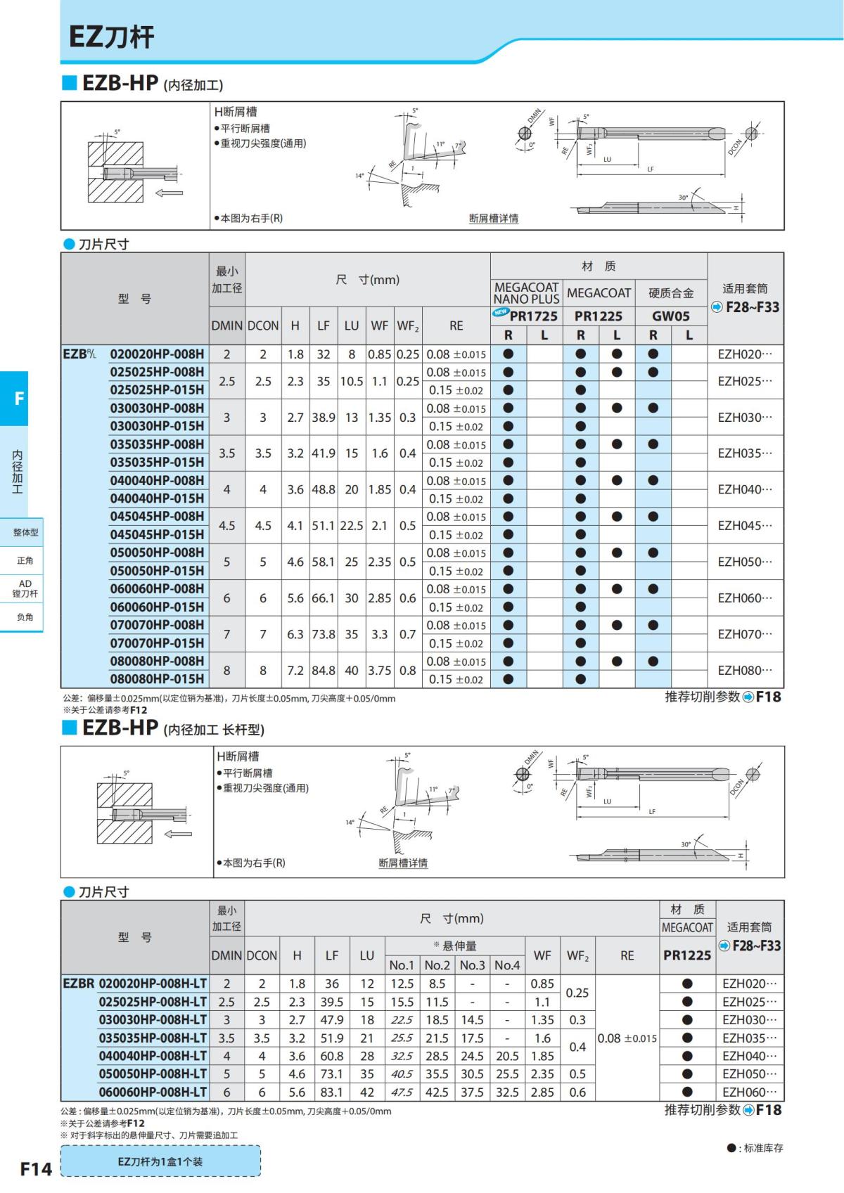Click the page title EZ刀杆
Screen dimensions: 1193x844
tap(111, 37)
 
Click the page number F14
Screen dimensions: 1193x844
tap(35, 1168)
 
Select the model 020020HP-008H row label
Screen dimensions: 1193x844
tap(157, 354)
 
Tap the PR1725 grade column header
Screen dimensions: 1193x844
tap(532, 316)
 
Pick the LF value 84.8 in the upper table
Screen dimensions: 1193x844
tap(323, 671)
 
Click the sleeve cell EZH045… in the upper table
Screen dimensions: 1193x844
tap(744, 526)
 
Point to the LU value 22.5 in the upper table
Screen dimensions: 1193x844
tap(351, 526)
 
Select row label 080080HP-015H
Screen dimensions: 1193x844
tap(157, 679)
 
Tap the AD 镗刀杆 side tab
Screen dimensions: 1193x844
tap(25, 588)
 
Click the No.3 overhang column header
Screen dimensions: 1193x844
tap(472, 965)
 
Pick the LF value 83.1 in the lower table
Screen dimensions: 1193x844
tap(331, 1092)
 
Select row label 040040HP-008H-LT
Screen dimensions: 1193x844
tap(153, 1056)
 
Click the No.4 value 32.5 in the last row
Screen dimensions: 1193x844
tap(507, 1092)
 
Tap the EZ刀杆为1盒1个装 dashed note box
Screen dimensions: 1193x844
tap(160, 1161)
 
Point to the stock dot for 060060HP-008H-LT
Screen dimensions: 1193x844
tap(687, 1092)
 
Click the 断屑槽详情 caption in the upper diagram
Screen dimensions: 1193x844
tap(493, 219)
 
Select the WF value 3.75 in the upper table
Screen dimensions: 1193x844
tap(380, 671)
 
